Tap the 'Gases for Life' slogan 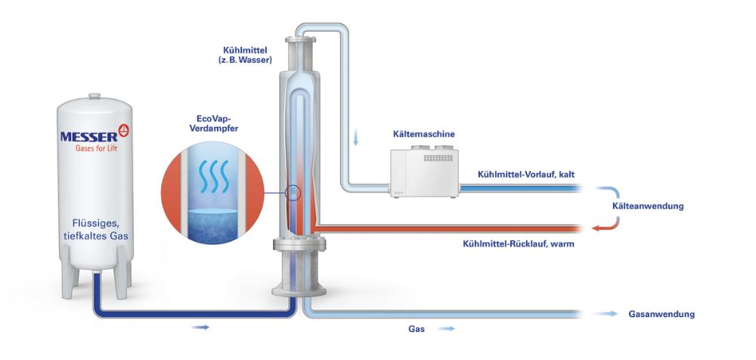94,149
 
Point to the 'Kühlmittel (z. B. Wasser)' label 240,54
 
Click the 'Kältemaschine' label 424,135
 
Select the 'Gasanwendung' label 661,313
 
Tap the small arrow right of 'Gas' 448,329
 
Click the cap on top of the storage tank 94,95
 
